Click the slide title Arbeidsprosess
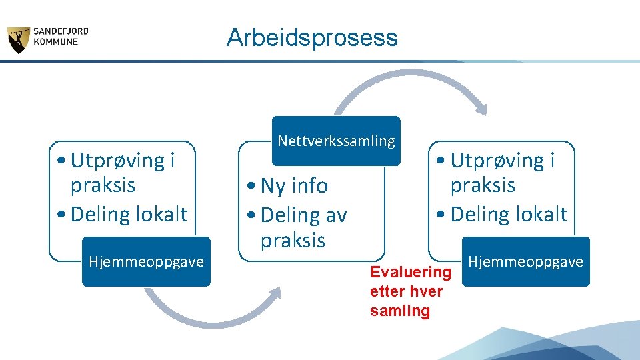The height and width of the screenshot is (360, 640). click(x=311, y=37)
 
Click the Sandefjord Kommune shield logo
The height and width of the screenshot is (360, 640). click(x=18, y=40)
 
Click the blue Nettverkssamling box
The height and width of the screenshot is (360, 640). click(x=335, y=141)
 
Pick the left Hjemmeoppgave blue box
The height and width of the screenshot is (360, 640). click(x=146, y=261)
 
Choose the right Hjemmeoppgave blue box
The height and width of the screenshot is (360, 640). click(x=525, y=261)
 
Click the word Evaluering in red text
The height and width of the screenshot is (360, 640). click(x=410, y=272)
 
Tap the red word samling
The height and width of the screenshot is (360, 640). click(x=399, y=311)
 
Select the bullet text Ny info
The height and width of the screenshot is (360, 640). click(x=294, y=186)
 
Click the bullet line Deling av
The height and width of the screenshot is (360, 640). click(x=303, y=215)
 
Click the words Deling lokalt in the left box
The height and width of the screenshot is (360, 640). click(x=129, y=215)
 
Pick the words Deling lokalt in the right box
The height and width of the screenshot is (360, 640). click(x=509, y=215)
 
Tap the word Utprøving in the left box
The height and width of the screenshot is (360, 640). click(x=108, y=161)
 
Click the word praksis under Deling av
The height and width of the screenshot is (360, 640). click(x=293, y=240)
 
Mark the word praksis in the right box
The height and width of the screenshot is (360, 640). click(x=483, y=185)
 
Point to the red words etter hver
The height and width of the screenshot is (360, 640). click(x=405, y=291)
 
